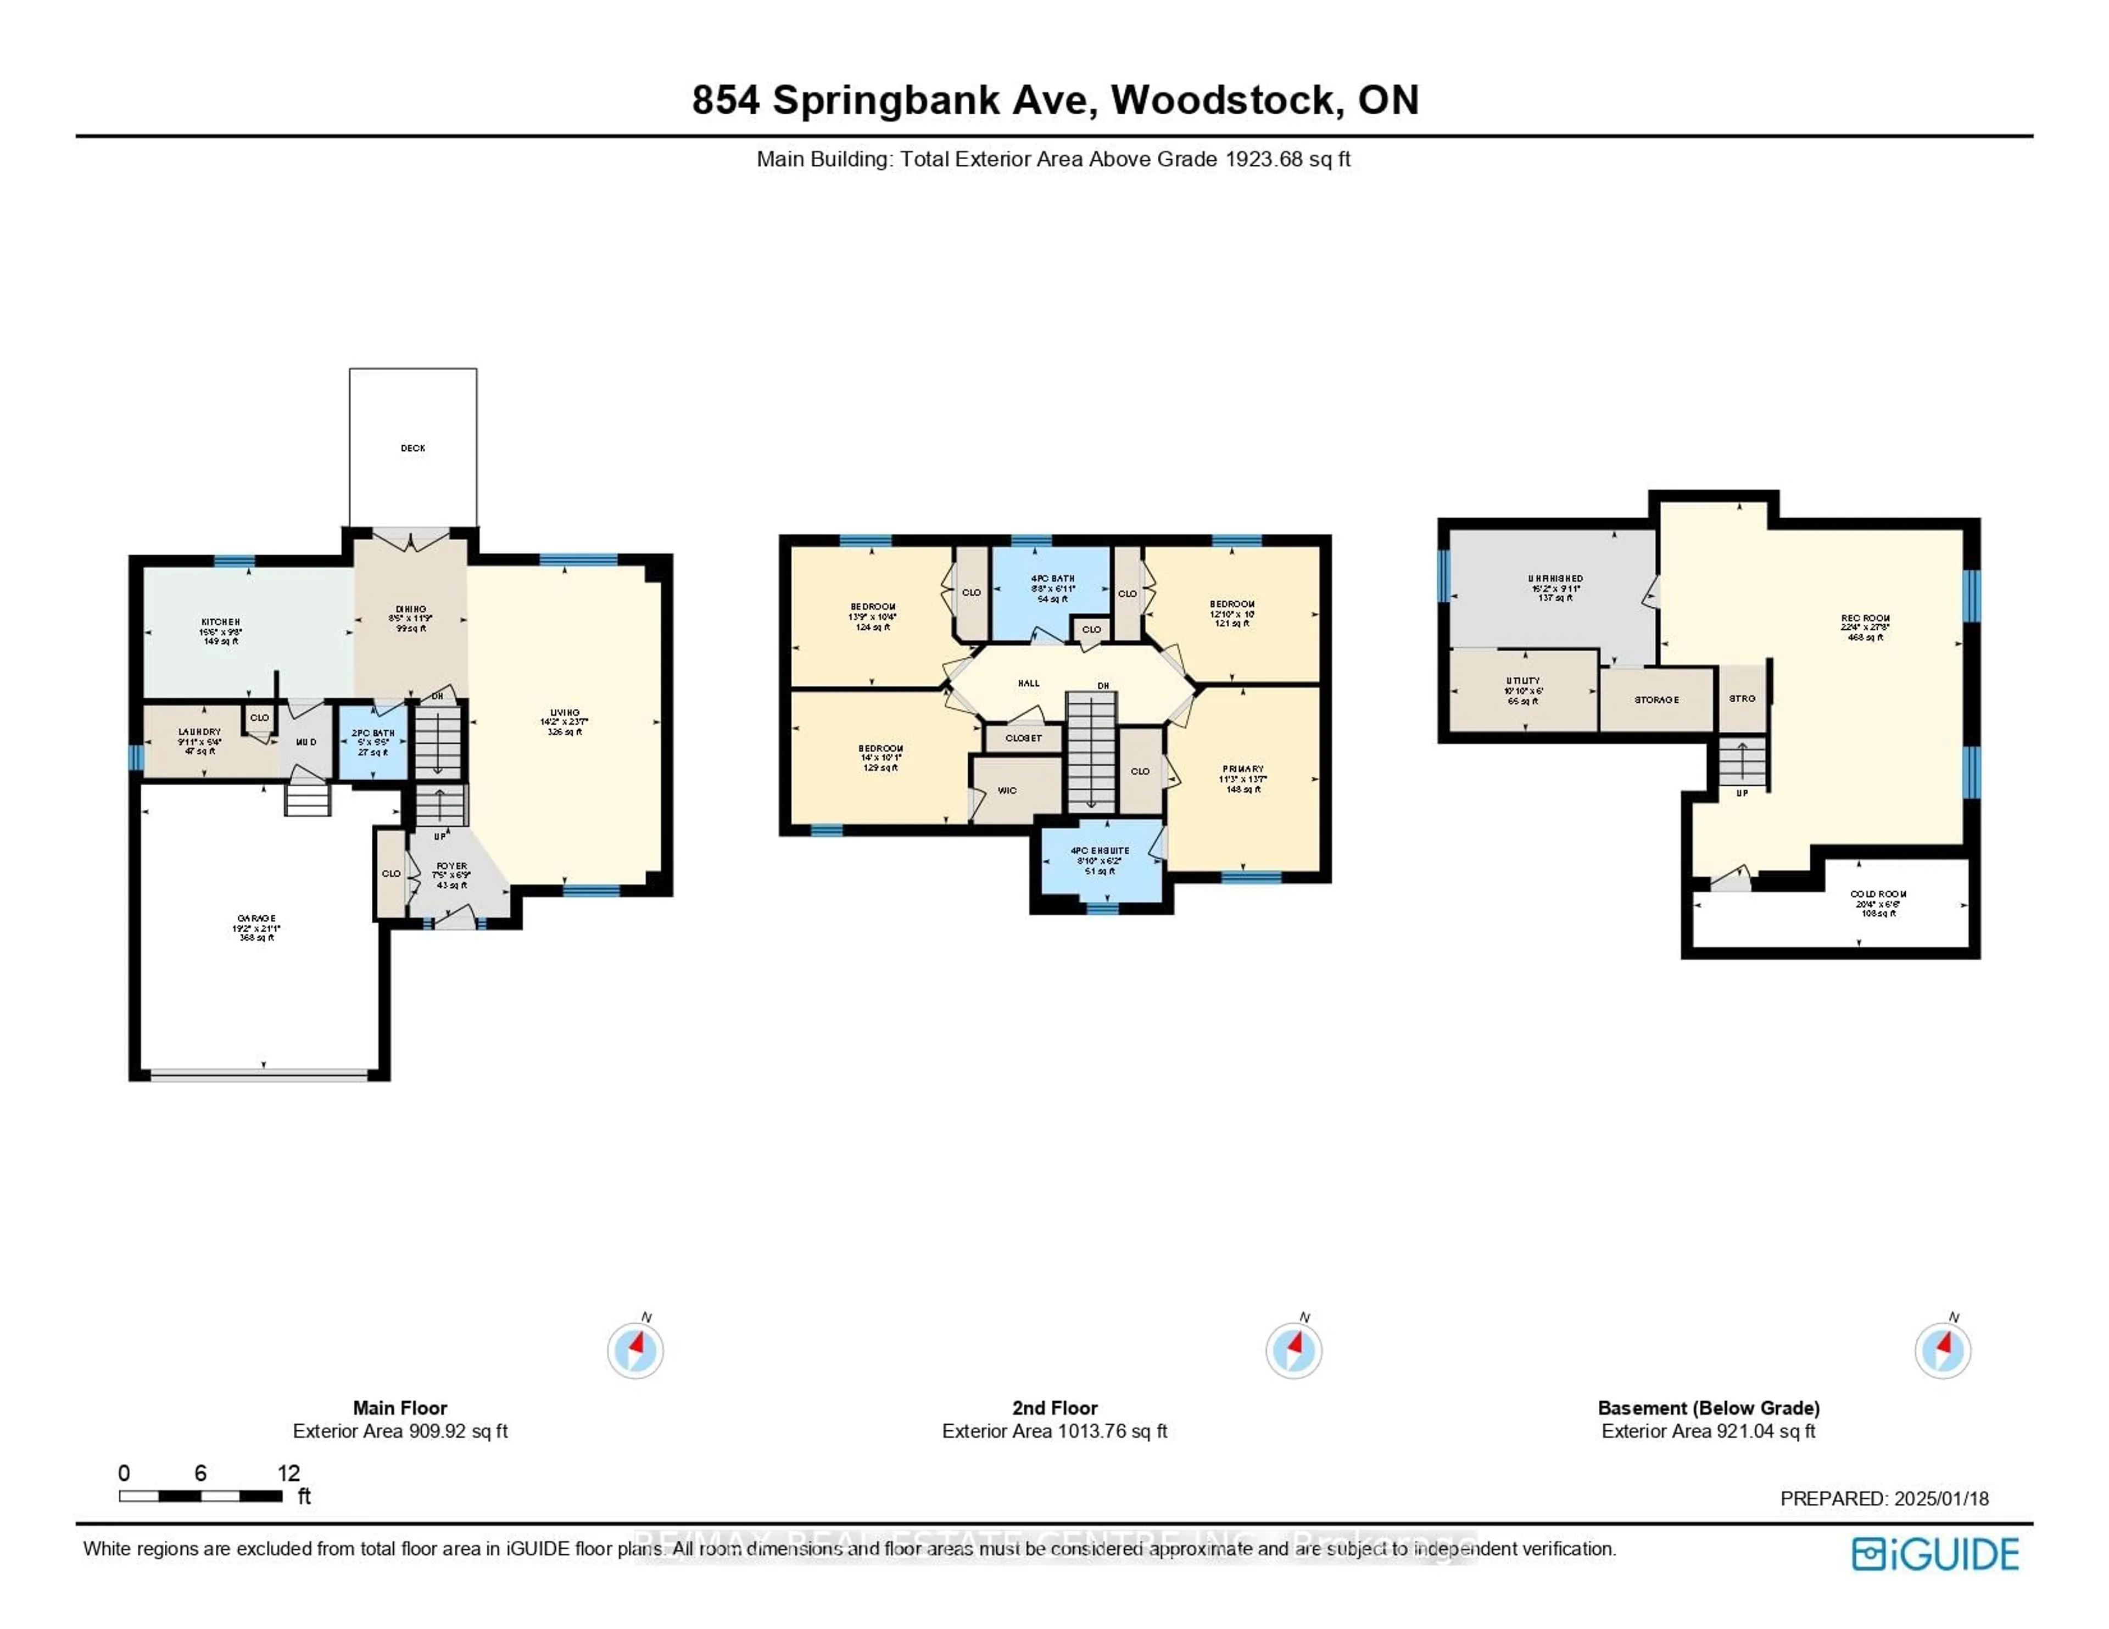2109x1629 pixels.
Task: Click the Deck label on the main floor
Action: [x=412, y=448]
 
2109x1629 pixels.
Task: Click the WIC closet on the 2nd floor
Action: [x=1007, y=790]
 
